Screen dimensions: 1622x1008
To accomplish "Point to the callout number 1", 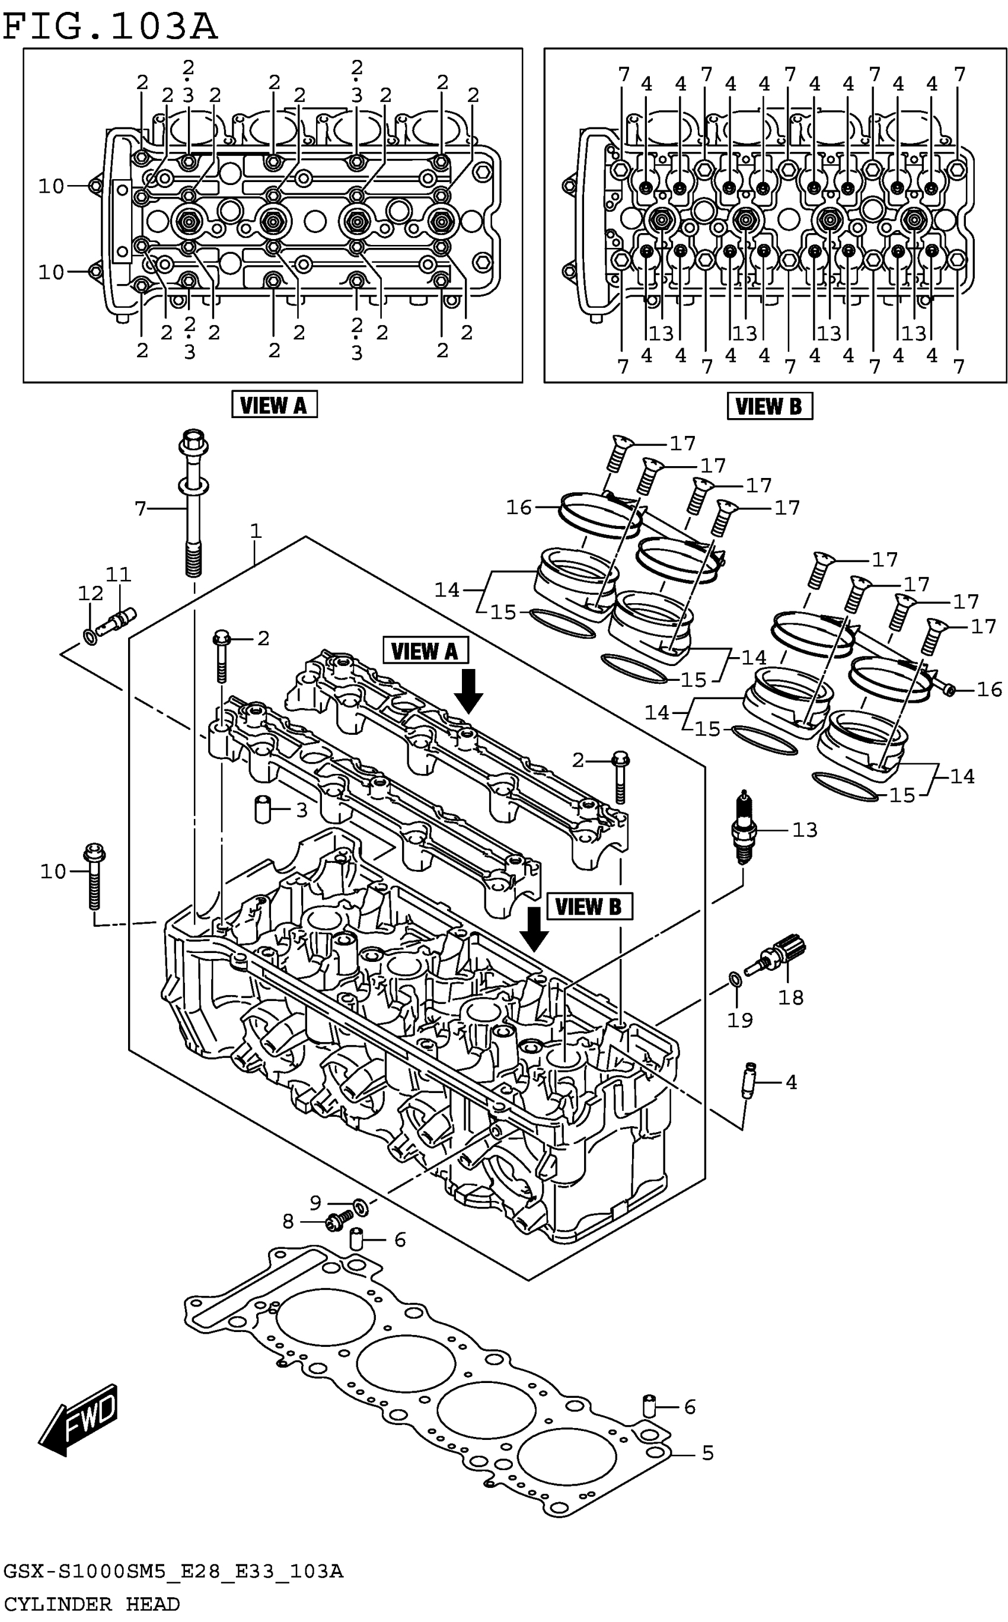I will coord(256,531).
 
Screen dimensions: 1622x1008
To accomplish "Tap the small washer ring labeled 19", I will coord(735,979).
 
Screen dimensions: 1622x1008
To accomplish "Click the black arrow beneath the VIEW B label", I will coord(534,929).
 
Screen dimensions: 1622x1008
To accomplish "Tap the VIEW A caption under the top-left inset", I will coord(274,404).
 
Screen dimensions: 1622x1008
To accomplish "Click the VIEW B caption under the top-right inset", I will coord(769,406).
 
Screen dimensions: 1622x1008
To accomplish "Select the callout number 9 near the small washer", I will coord(315,1202).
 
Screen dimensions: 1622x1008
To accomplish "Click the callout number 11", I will coord(119,574).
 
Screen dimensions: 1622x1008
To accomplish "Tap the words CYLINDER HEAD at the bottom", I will coord(91,1604).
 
